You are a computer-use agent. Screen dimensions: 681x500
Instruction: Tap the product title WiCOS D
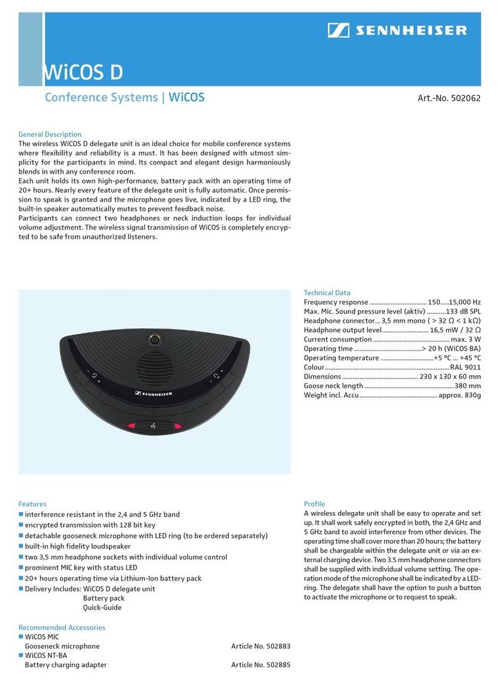(x=82, y=72)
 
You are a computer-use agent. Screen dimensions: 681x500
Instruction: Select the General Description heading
(x=50, y=134)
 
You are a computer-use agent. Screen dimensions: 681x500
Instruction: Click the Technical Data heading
(x=327, y=293)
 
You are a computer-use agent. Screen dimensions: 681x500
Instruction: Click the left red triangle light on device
(x=132, y=426)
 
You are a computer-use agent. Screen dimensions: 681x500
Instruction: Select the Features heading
(x=32, y=504)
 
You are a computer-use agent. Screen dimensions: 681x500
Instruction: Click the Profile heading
(x=314, y=504)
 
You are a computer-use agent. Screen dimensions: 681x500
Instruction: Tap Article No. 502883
(x=261, y=646)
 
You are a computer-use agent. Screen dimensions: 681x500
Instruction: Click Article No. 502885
(x=261, y=665)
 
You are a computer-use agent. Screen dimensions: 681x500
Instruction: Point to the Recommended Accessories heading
(x=62, y=627)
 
